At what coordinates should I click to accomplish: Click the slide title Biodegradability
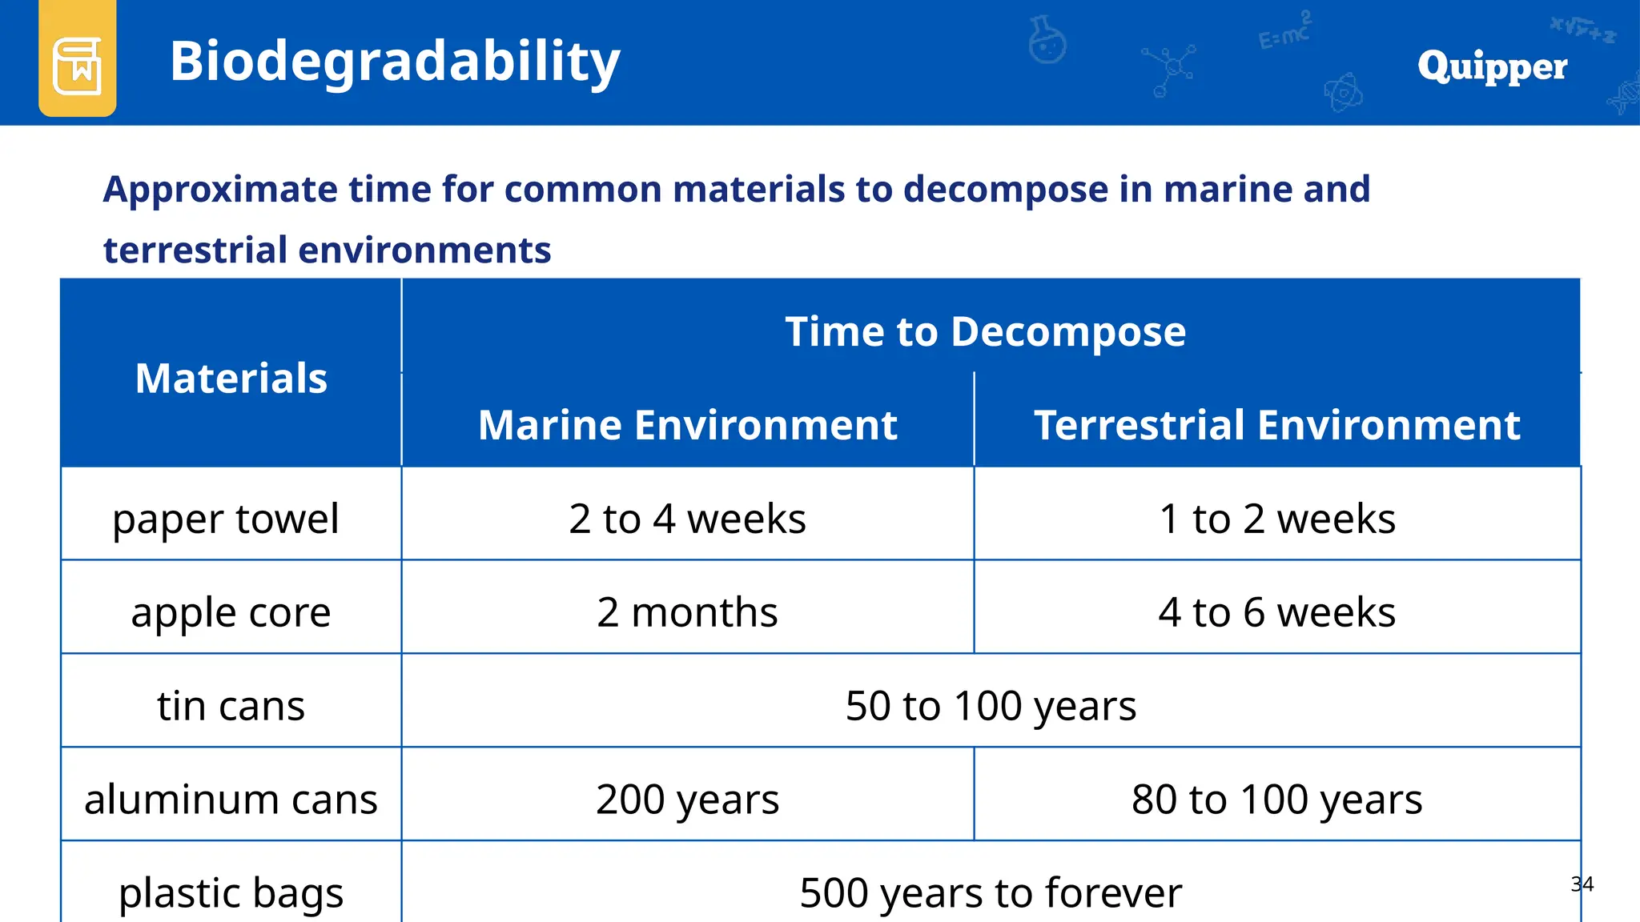395,62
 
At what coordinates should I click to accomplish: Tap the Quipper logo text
1492,66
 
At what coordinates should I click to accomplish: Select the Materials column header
231,378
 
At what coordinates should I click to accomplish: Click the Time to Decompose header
985,331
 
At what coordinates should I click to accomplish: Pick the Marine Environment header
687,425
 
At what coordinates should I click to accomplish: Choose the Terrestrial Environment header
1276,425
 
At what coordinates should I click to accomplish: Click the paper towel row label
226,519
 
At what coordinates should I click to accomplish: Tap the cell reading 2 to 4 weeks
687,519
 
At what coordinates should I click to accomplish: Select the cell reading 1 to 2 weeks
1276,519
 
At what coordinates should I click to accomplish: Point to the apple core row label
231,613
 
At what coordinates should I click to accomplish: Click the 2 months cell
687,612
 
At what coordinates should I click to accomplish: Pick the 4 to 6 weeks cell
1276,612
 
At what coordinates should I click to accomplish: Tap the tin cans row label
231,706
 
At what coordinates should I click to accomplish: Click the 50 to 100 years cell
991,706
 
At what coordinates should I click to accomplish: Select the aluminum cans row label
231,800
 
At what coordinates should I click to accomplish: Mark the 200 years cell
687,800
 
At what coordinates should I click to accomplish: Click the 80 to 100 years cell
1276,800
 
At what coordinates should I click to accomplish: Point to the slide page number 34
1582,884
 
